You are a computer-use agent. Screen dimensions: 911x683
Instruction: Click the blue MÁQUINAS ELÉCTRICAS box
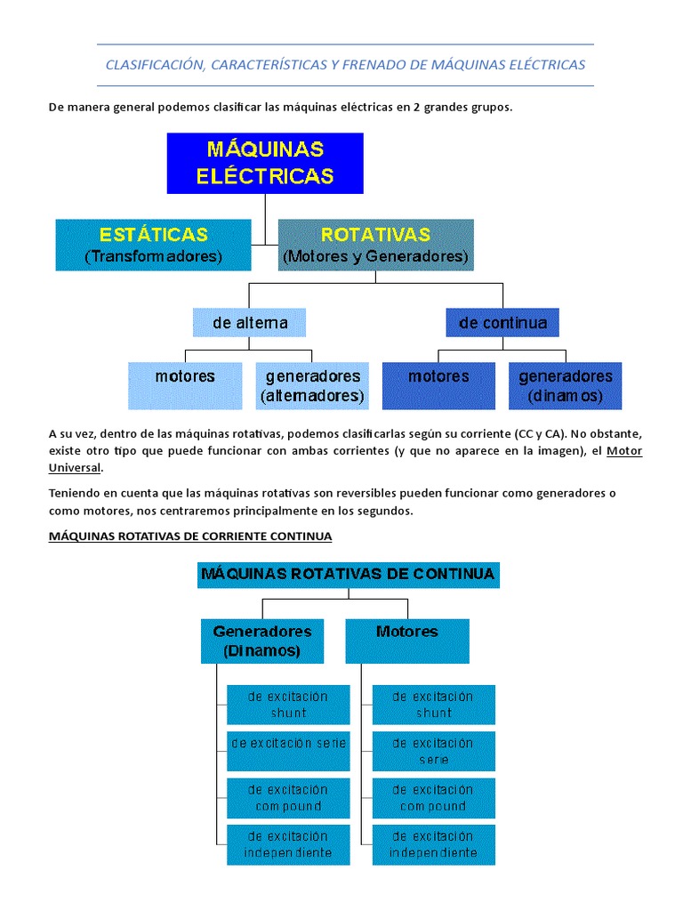tap(265, 163)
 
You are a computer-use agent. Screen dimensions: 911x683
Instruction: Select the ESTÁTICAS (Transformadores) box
tap(153, 245)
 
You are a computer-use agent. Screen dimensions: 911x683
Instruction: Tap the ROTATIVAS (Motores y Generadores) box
tap(375, 245)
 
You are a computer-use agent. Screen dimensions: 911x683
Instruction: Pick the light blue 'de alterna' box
tap(250, 322)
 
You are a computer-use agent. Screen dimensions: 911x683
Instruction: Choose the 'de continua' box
tap(502, 322)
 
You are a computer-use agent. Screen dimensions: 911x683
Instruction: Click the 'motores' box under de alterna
tap(185, 384)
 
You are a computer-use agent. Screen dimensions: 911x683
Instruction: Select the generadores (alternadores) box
tap(312, 385)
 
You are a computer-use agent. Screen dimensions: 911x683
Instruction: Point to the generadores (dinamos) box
tap(566, 385)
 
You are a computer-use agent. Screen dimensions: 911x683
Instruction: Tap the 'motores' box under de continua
tap(438, 384)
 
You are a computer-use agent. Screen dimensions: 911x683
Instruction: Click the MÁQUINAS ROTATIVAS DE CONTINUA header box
tap(348, 574)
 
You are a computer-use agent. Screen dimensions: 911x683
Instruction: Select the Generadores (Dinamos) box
tap(262, 641)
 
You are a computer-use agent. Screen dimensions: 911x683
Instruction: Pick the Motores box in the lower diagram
tap(407, 641)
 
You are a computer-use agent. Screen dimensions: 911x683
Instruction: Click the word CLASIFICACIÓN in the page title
tap(157, 65)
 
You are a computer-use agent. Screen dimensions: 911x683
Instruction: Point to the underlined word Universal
tap(76, 468)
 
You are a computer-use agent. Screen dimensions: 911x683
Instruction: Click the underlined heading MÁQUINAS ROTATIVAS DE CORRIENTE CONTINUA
tap(190, 536)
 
